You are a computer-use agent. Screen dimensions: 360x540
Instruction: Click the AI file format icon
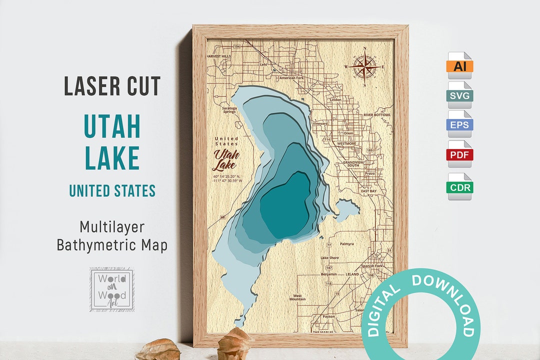[459, 65]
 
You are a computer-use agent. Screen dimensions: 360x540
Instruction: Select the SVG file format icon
[459, 95]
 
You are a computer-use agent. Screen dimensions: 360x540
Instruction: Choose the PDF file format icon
[459, 154]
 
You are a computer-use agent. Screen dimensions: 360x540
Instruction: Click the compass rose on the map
[365, 66]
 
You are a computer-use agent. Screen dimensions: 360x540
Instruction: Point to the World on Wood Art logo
[111, 289]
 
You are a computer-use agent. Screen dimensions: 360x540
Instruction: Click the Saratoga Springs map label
[229, 110]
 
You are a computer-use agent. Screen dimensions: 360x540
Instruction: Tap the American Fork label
[291, 78]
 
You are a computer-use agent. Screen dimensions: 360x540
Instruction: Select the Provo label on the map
[370, 173]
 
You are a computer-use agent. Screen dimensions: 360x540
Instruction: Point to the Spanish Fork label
[371, 266]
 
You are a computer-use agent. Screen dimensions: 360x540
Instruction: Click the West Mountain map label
[297, 297]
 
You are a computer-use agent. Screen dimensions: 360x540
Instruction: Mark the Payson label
[328, 316]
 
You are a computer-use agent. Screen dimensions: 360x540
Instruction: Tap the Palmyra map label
[346, 244]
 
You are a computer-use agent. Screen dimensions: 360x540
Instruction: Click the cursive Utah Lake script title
[226, 159]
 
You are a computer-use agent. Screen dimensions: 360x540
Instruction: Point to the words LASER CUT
[112, 86]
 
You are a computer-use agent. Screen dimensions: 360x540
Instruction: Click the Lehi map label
[263, 64]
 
